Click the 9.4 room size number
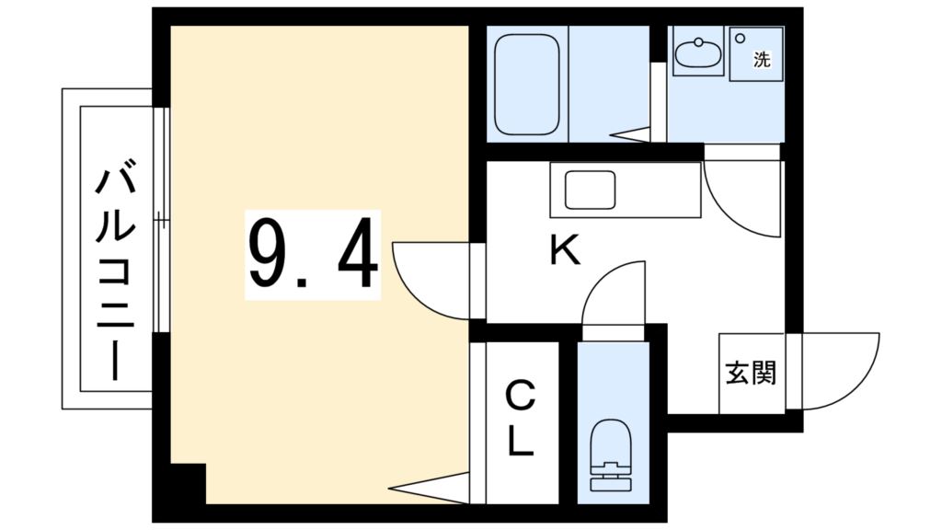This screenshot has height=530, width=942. [313, 254]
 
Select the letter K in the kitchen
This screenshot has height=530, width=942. [565, 249]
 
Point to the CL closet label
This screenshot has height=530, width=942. [521, 419]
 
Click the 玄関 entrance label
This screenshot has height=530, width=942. [751, 373]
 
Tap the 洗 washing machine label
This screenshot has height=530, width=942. [762, 59]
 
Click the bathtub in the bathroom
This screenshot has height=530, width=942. [527, 84]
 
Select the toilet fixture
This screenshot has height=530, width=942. [612, 455]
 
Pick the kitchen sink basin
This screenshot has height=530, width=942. [590, 190]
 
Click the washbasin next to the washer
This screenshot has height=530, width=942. [697, 52]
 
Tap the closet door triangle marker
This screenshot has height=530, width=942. [429, 488]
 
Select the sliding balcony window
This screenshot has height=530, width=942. [161, 220]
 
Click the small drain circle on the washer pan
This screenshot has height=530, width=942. [741, 39]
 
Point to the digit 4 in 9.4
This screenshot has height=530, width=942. [357, 253]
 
